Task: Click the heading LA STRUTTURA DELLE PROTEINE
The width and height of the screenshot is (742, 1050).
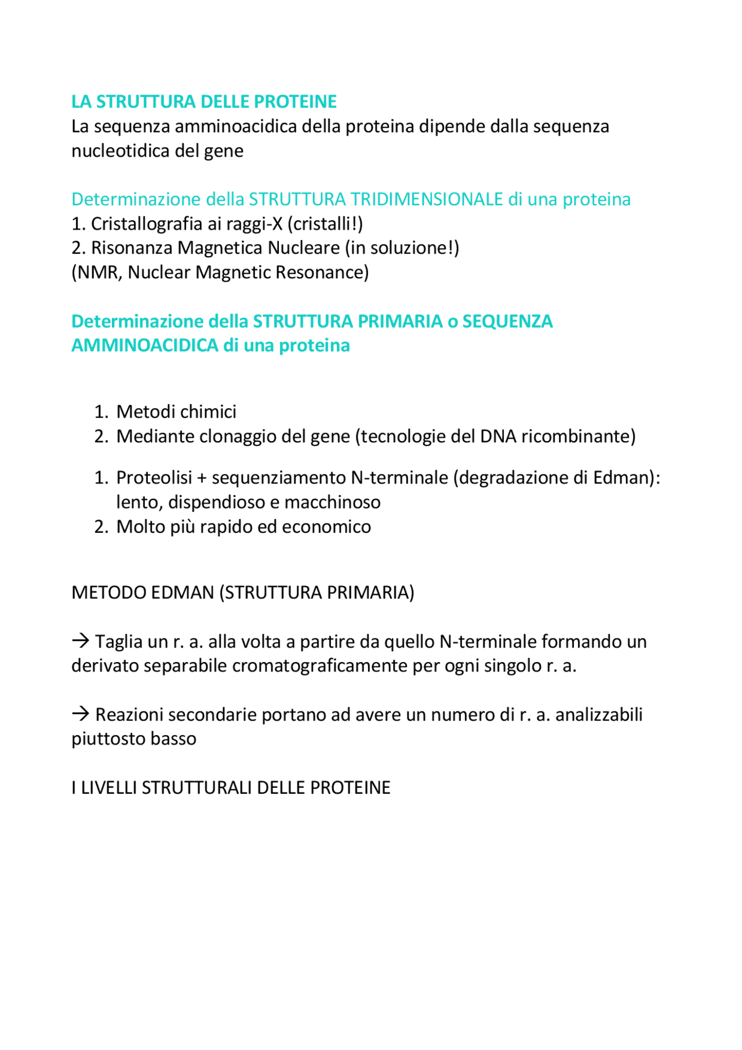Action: (203, 101)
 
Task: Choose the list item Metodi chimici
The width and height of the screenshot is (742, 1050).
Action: (176, 412)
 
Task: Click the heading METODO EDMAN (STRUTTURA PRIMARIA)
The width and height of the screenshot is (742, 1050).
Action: (242, 593)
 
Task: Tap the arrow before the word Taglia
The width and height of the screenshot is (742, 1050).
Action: (80, 641)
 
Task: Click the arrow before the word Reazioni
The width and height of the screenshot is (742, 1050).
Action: (80, 714)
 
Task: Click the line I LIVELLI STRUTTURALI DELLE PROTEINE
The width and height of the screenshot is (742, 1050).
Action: (231, 787)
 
